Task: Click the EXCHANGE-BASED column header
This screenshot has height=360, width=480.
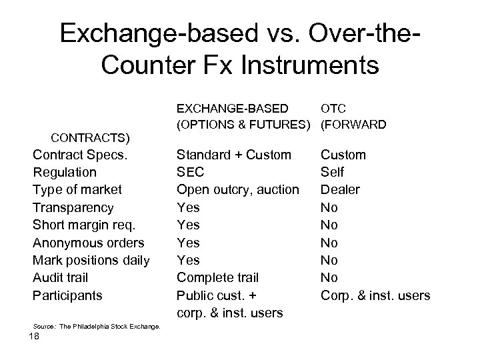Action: pos(232,108)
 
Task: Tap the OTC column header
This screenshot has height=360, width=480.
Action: pos(333,108)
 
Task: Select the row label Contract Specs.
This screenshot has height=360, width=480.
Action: pos(79,155)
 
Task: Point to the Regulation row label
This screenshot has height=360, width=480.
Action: pos(65,172)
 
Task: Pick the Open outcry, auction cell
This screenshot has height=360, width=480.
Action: pos(237,189)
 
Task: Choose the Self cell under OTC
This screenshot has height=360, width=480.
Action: pos(333,172)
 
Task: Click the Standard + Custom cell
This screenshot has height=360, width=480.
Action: pos(233,155)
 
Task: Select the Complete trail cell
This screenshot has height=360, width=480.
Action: pos(217,277)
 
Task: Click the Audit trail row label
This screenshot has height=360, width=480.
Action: pos(61,277)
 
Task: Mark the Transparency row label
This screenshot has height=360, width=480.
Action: pos(73,207)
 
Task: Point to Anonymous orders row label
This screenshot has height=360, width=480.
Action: pos(89,242)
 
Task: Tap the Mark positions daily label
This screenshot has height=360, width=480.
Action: pos(91,260)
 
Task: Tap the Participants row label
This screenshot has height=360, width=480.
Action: pos(68,295)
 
